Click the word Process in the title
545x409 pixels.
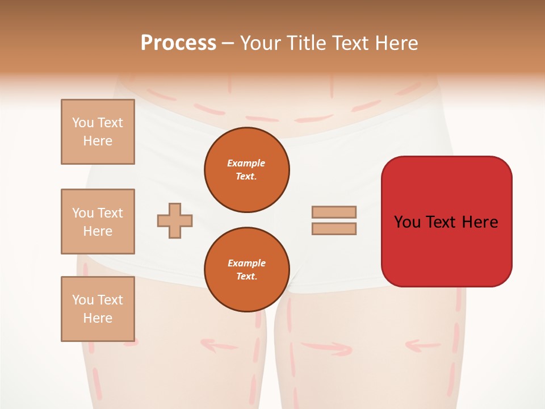tap(178, 43)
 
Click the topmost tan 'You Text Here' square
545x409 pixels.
tap(98, 132)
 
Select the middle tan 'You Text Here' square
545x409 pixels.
tap(98, 222)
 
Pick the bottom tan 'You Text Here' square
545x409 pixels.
tap(98, 309)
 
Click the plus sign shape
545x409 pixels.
tap(175, 220)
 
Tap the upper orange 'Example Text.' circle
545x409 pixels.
tap(247, 170)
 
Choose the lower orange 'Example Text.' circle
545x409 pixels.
tap(247, 270)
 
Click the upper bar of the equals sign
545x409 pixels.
tap(334, 212)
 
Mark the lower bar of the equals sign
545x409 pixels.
tap(334, 228)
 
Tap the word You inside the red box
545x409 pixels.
tap(407, 222)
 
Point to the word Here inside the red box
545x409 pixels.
tap(480, 222)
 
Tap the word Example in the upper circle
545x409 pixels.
tap(246, 163)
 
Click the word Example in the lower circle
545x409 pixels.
tap(246, 263)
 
